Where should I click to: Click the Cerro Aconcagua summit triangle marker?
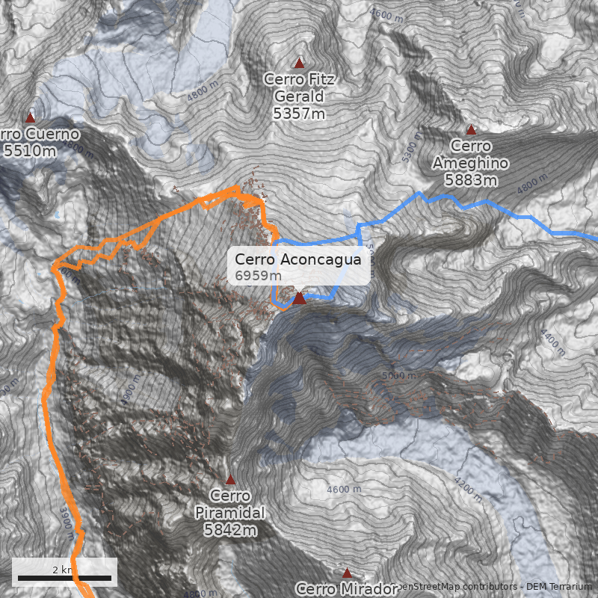coord(299,298)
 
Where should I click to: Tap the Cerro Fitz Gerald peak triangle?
coord(300,63)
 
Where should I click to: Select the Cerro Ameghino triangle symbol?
coord(471,130)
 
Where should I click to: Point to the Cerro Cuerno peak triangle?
coord(31,117)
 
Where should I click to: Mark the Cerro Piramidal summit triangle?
coord(230,479)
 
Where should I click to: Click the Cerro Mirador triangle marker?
coord(347,573)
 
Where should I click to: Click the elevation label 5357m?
coord(299,114)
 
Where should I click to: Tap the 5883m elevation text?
coord(471,180)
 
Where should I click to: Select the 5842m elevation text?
coord(230,530)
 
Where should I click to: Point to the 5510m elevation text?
coord(30,151)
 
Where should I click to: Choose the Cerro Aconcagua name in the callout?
coord(298,259)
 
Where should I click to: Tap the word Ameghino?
coord(471,163)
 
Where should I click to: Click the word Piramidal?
coord(230,513)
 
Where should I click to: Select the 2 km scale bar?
coord(64,578)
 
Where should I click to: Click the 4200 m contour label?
coord(468,490)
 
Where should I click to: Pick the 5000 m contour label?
coord(398,375)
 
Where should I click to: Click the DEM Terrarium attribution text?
coord(554,587)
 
